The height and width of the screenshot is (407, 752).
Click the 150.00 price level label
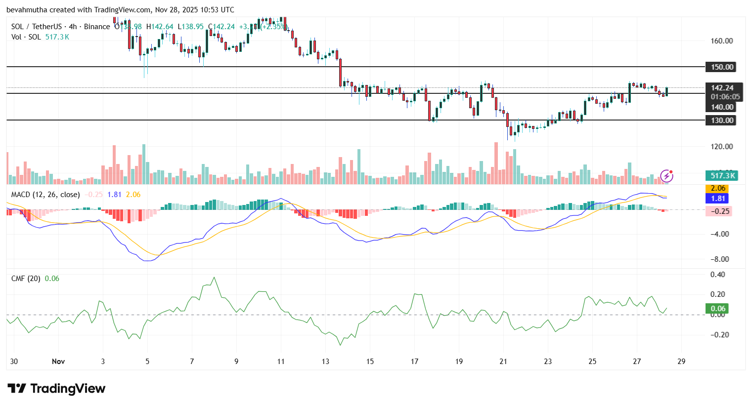pyautogui.click(x=721, y=67)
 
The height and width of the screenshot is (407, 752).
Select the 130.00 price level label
pyautogui.click(x=721, y=120)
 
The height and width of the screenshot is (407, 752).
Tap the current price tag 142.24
pyautogui.click(x=722, y=88)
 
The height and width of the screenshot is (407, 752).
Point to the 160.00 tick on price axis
pyautogui.click(x=721, y=41)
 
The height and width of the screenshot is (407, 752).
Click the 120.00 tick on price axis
pyautogui.click(x=721, y=147)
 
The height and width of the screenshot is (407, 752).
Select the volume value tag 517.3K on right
pyautogui.click(x=722, y=175)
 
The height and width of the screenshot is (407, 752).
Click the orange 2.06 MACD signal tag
pyautogui.click(x=718, y=188)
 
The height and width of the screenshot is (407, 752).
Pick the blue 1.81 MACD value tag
pyautogui.click(x=718, y=199)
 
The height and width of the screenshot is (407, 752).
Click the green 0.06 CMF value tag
pyautogui.click(x=718, y=309)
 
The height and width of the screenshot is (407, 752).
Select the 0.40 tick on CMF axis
pyautogui.click(x=718, y=275)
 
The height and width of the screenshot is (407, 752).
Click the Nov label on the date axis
pyautogui.click(x=58, y=362)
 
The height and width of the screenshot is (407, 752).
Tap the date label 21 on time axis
pyautogui.click(x=503, y=362)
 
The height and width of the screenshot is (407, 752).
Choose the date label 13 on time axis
pyautogui.click(x=325, y=362)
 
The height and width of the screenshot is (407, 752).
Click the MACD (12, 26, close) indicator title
pyautogui.click(x=45, y=195)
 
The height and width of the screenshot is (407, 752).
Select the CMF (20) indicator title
pyautogui.click(x=26, y=279)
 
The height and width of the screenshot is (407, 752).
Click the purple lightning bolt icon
pyautogui.click(x=666, y=176)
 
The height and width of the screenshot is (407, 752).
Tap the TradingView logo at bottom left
pyautogui.click(x=56, y=389)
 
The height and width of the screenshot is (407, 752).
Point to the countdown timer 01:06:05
pyautogui.click(x=725, y=97)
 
